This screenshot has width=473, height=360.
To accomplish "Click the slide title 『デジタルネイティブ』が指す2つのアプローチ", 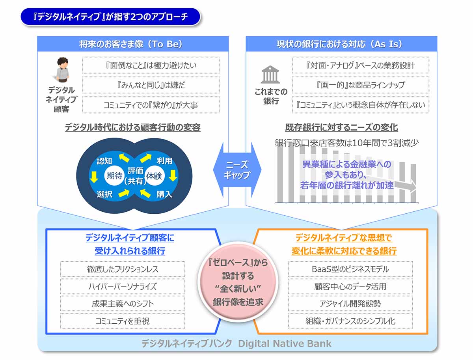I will click(110, 17).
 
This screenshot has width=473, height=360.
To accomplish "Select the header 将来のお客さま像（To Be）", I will click(133, 44).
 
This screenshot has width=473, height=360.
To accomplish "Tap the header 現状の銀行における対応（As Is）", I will click(341, 44).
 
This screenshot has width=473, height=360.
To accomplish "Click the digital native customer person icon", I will click(62, 69).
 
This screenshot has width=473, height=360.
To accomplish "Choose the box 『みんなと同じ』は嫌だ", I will click(151, 85).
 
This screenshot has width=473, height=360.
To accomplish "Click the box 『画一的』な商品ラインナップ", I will click(360, 85).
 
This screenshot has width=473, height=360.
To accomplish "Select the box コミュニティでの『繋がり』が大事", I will click(151, 105).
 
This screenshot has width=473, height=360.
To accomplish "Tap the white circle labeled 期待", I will click(114, 176).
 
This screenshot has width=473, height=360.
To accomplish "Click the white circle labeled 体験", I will click(154, 176).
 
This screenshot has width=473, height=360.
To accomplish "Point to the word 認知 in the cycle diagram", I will click(104, 161).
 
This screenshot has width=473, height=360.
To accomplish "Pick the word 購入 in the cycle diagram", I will click(164, 194).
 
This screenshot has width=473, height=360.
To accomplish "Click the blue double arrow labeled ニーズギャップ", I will click(237, 170).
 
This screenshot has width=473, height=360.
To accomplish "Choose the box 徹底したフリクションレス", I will click(123, 269).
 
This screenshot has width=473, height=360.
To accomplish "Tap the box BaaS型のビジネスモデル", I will click(350, 269).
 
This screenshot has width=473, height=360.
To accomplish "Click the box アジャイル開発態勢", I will click(350, 304).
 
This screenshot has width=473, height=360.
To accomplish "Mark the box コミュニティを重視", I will click(123, 321).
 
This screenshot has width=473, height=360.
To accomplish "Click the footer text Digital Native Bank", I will click(285, 343).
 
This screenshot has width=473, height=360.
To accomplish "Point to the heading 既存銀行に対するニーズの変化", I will click(341, 127).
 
